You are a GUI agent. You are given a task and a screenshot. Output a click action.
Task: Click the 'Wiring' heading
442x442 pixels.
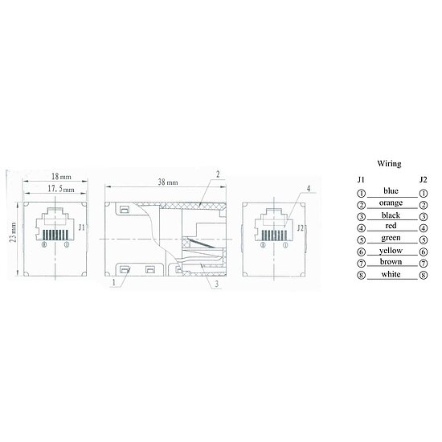[x=390, y=163]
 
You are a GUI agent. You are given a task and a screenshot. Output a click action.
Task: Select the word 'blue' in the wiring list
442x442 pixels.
[x=391, y=190]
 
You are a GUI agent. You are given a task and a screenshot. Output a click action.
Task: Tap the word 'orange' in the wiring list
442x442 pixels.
[x=391, y=203]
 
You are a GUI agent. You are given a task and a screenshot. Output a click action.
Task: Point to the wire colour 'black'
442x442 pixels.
[x=391, y=215]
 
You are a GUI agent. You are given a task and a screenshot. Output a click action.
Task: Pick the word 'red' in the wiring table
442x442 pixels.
[x=391, y=227]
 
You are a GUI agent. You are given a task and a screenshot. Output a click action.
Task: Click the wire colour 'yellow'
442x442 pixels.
[x=391, y=250]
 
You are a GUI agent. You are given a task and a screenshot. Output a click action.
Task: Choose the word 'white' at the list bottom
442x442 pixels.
[x=391, y=274]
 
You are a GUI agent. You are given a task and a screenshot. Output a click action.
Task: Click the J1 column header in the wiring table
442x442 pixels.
[x=362, y=180]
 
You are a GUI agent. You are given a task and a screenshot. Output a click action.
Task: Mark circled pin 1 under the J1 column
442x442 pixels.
[x=362, y=193]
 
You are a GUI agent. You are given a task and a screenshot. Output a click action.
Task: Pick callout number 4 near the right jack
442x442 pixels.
[x=309, y=188]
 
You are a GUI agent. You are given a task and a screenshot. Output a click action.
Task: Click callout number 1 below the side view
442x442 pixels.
[x=115, y=283]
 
